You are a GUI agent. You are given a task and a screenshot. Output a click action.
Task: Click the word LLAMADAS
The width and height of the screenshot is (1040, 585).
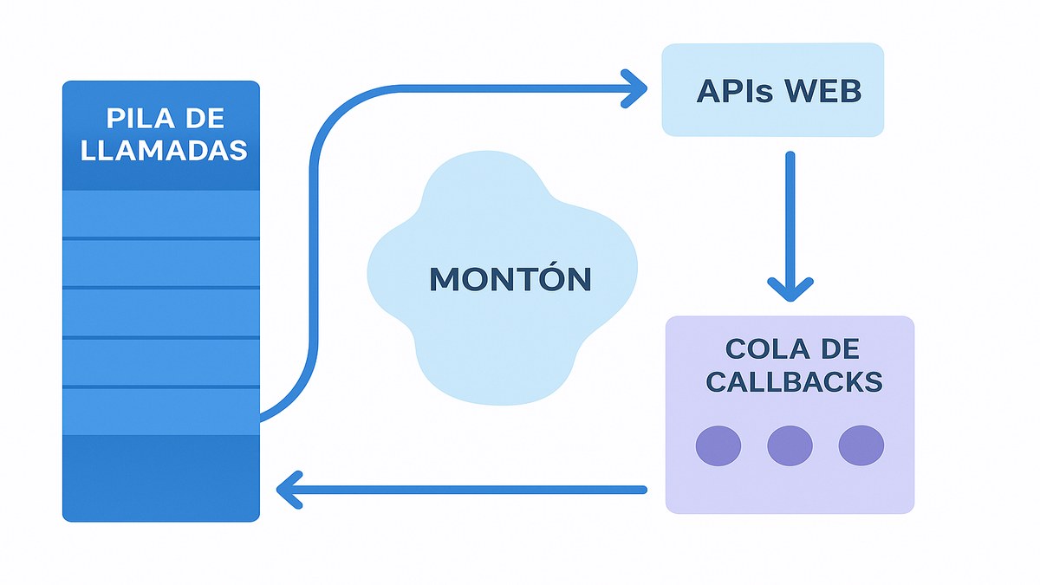pos(164,150)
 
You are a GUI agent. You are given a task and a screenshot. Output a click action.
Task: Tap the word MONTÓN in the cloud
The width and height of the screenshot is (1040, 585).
pos(510,279)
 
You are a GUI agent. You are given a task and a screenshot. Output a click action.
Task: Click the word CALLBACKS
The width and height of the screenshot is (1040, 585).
pos(794,382)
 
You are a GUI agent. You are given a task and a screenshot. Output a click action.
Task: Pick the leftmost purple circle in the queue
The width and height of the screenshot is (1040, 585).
pos(718,445)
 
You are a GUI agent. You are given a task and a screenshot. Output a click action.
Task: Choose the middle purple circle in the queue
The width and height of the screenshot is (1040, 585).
pos(790,445)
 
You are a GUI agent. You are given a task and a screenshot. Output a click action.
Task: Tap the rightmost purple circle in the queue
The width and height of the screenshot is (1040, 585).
pos(861,445)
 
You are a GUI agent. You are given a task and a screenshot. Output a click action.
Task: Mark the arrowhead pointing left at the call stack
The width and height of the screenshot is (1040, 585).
pos(288,490)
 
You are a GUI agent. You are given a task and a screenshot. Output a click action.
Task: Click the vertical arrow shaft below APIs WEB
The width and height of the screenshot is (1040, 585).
pos(790,217)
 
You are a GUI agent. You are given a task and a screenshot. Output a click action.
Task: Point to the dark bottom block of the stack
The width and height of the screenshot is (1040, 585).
pos(161,477)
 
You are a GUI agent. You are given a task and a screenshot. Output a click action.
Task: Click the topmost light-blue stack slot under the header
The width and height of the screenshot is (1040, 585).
pos(161,213)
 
